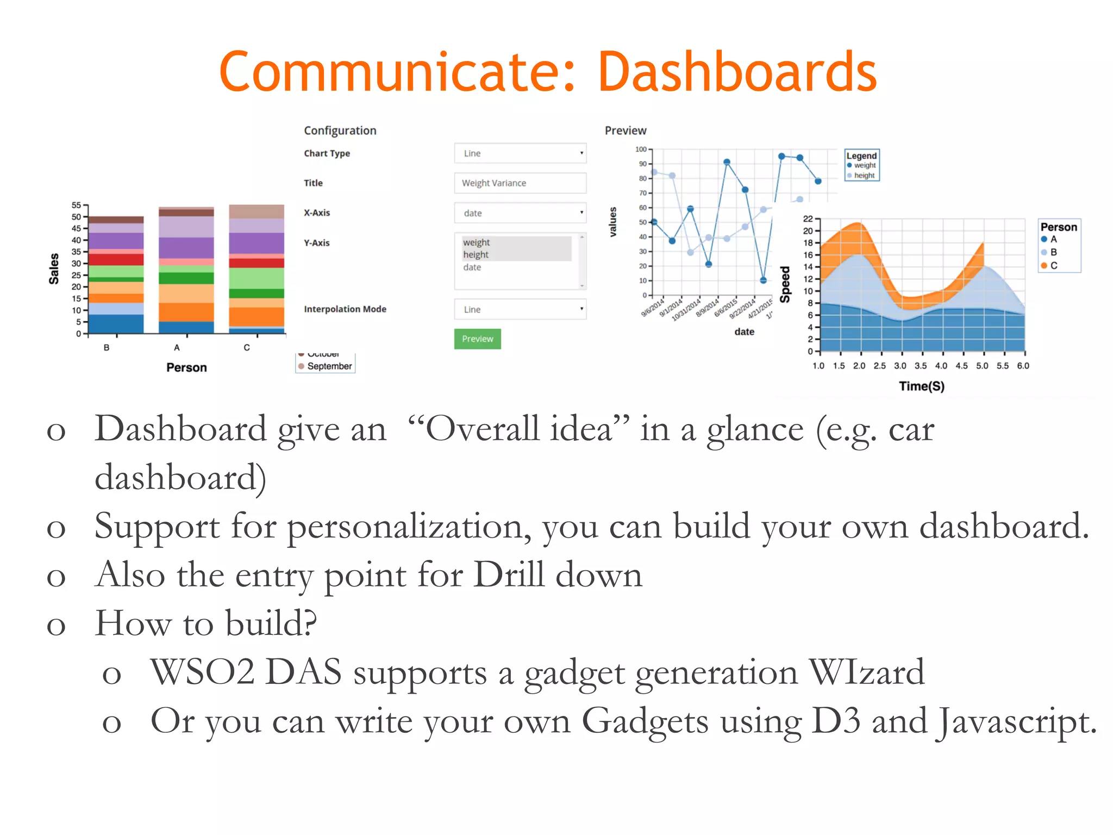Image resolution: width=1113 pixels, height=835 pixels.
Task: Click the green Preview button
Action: pyautogui.click(x=477, y=339)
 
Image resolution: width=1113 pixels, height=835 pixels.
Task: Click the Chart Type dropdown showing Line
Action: pyautogui.click(x=520, y=153)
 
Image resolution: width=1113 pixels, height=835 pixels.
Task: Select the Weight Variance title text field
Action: pyautogui.click(x=520, y=183)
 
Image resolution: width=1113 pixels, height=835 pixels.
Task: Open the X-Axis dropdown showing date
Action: pyautogui.click(x=520, y=213)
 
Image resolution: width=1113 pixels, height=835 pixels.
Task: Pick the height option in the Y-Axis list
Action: pyautogui.click(x=476, y=254)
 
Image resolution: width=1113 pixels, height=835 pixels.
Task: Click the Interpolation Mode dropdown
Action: pyautogui.click(x=520, y=309)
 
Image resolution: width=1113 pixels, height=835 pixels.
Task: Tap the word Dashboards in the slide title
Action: pyautogui.click(x=737, y=72)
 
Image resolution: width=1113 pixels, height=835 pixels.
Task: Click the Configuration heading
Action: pyautogui.click(x=340, y=130)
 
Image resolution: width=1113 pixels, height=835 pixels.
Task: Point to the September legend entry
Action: pyautogui.click(x=329, y=366)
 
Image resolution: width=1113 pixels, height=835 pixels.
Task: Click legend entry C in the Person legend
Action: pyautogui.click(x=1053, y=265)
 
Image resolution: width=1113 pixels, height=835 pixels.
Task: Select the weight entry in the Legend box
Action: pyautogui.click(x=864, y=165)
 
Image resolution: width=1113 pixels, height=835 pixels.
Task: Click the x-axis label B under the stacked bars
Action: pyautogui.click(x=107, y=347)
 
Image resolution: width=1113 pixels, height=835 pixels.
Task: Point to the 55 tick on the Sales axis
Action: pyautogui.click(x=76, y=205)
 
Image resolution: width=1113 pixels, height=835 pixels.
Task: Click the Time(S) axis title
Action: pyautogui.click(x=921, y=386)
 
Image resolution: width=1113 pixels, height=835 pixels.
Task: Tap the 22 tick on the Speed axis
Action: pyautogui.click(x=808, y=219)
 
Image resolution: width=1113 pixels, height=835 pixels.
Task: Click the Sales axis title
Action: pyautogui.click(x=54, y=269)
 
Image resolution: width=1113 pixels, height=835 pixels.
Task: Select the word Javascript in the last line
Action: pyautogui.click(x=1017, y=721)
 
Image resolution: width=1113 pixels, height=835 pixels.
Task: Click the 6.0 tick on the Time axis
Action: pyautogui.click(x=1023, y=366)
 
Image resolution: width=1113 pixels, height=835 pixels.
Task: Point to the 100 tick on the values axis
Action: pyautogui.click(x=641, y=149)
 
